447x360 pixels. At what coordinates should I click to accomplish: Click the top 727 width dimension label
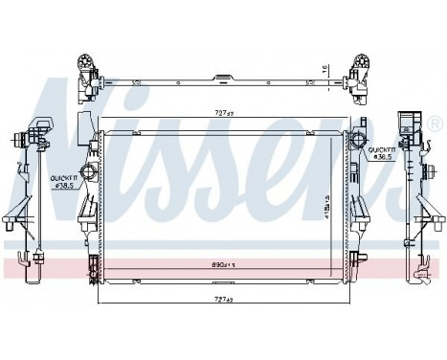click(x=223, y=114)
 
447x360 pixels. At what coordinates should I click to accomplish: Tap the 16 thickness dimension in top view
click(x=324, y=70)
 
